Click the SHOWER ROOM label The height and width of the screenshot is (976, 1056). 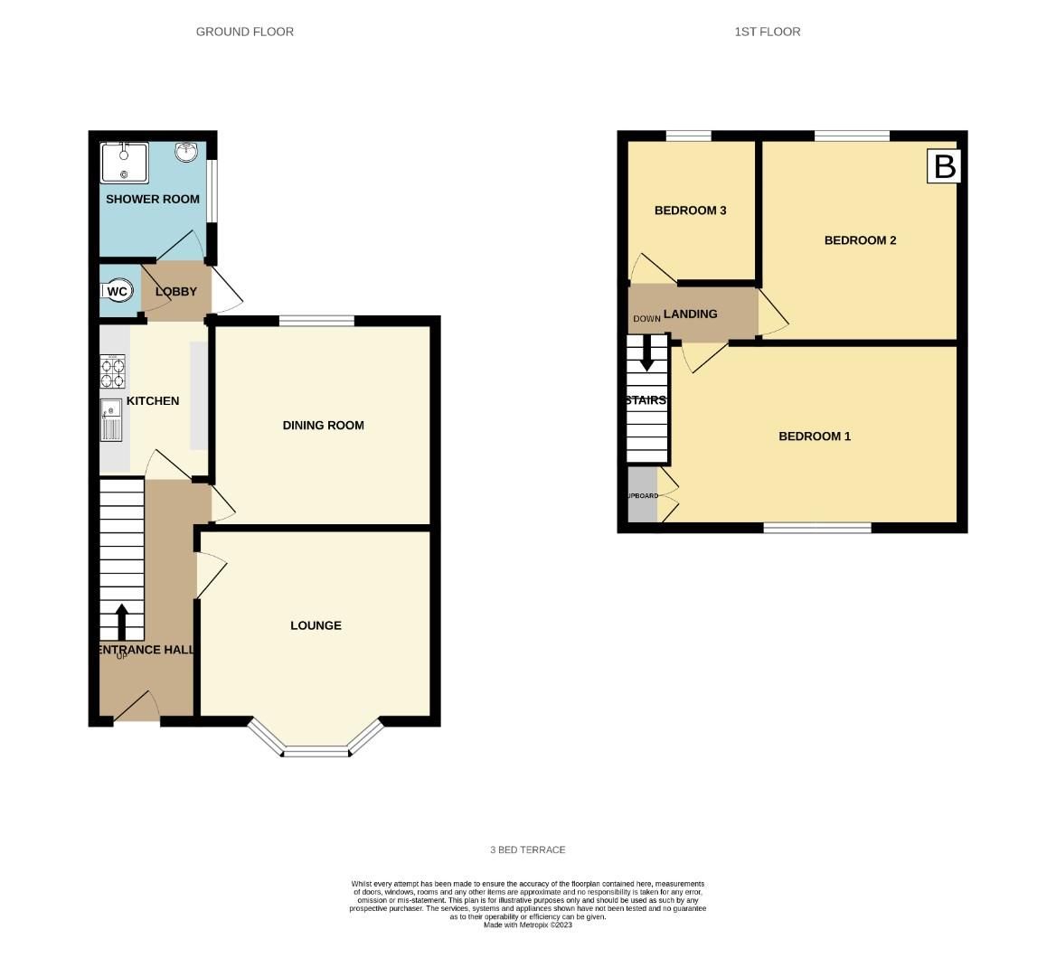coord(153,199)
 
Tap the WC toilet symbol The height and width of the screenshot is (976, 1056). coord(117,291)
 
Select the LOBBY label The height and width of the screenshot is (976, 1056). coord(176,292)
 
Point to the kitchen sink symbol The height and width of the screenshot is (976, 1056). coord(111,420)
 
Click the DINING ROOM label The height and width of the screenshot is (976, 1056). coord(323,426)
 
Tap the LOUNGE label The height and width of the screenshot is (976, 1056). coord(316,625)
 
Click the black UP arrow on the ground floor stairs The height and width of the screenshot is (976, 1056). coord(121,623)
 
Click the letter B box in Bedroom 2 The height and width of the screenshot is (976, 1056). coord(944,167)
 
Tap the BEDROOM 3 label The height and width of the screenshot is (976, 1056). coord(691,211)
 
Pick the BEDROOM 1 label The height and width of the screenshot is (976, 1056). coord(815,436)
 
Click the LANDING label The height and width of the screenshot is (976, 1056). coord(691,314)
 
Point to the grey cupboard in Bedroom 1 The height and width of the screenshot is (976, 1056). coord(643,495)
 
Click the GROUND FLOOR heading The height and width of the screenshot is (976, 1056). coord(245,32)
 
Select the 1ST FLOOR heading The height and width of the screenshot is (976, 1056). coord(768,32)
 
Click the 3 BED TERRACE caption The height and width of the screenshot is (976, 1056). coord(528,850)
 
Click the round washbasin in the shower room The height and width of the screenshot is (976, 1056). coord(188,152)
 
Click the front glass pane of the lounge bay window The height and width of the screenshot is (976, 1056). coord(316,752)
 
